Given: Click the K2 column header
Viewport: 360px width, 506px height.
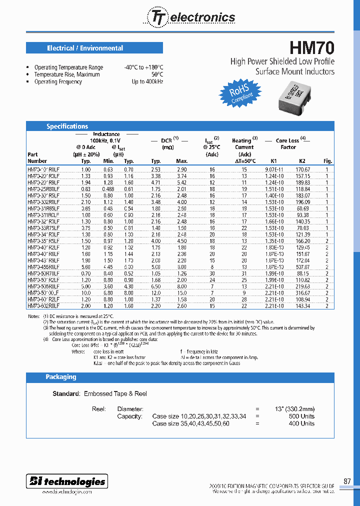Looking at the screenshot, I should [302, 161].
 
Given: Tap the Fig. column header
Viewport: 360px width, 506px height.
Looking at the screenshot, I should [327, 161].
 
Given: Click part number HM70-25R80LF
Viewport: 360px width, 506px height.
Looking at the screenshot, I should [43, 189].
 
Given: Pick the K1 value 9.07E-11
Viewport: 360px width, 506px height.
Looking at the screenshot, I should [273, 170].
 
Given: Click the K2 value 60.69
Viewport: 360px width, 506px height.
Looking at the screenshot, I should [302, 208].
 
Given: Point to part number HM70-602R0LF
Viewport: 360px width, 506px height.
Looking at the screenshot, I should [43, 305].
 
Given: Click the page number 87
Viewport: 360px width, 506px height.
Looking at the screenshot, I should [347, 481].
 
